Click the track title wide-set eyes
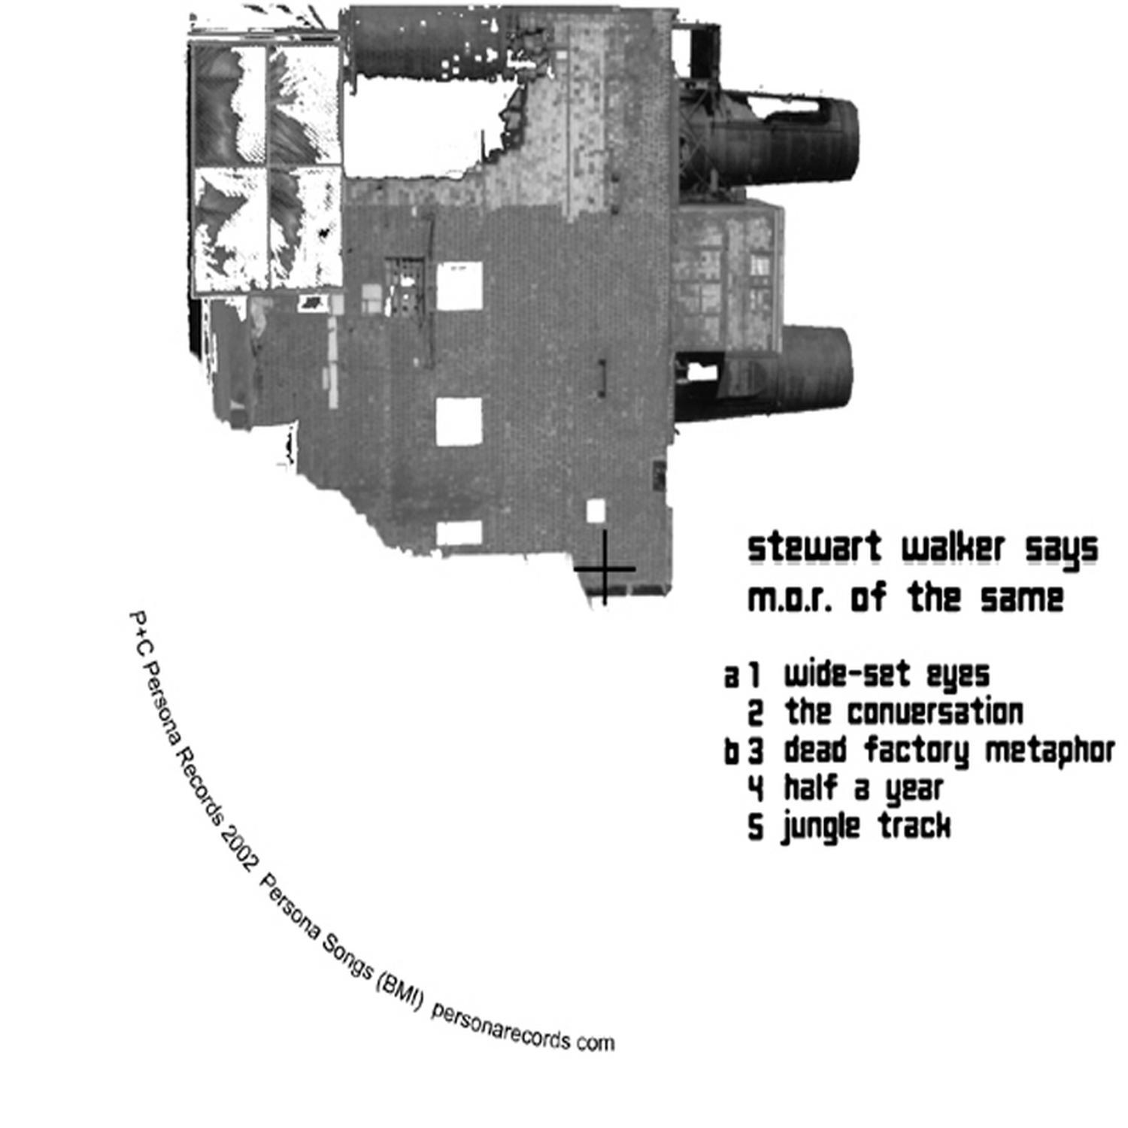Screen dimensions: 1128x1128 [887, 675]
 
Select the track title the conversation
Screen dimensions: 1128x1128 [904, 712]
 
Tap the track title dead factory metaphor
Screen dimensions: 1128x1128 [949, 751]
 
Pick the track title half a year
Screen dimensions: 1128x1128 [863, 789]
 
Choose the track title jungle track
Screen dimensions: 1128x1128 [866, 826]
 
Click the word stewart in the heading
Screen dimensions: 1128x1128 [814, 547]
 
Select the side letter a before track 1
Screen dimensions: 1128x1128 [731, 677]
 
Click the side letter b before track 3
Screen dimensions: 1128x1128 [732, 751]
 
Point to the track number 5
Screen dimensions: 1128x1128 [756, 827]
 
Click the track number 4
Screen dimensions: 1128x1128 [756, 789]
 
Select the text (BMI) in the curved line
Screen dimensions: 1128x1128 [399, 990]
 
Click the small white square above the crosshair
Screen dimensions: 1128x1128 [596, 510]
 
